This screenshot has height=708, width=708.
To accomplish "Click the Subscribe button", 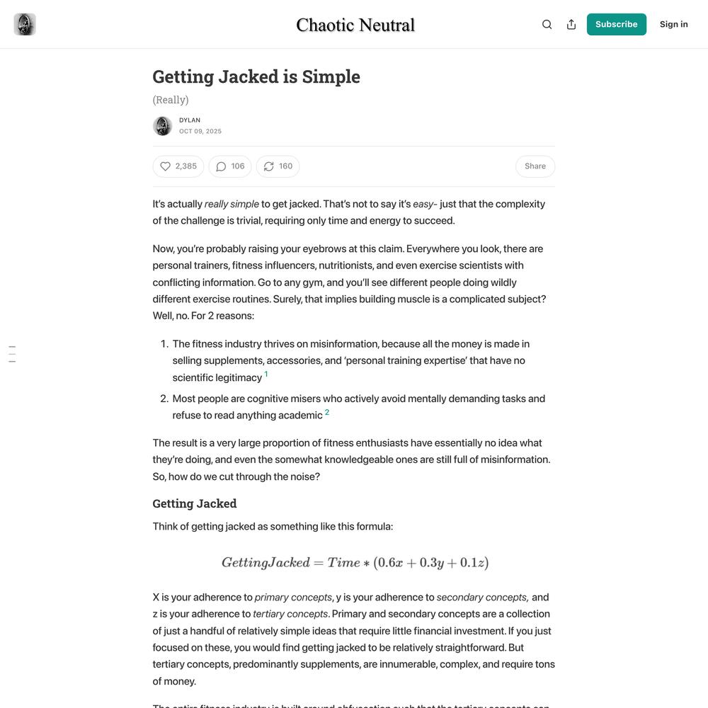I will pos(616,24).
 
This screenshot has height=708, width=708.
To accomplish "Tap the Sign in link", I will pos(673,24).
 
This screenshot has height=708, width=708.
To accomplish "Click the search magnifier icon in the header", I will pos(547,24).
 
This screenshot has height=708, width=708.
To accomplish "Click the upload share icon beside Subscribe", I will pos(571,24).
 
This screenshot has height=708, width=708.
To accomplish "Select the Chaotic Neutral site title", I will pos(355,25).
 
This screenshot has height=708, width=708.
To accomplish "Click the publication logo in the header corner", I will pos(25,24).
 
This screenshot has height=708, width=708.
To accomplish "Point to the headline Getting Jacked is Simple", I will pos(256,76).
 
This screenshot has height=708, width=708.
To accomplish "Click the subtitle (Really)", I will pos(171,100).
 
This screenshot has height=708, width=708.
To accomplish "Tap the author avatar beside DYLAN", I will pos(162,126).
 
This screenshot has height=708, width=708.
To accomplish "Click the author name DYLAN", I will pos(190,120).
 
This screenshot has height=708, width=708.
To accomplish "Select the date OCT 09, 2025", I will pos(200,131).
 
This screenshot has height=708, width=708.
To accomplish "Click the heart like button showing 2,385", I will pos(178,166).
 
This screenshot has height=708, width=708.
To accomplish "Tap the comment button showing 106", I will pos(230,166).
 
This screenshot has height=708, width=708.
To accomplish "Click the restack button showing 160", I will pos(278,166).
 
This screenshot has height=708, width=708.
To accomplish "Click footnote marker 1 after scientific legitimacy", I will pos(266,374).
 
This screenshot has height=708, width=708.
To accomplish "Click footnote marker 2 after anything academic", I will pos(327,412).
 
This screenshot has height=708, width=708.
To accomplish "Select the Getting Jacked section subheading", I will pos(195,503).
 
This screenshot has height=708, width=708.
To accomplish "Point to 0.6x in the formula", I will pos(390,563).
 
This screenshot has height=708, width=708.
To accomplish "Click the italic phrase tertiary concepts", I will pos(290,614).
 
